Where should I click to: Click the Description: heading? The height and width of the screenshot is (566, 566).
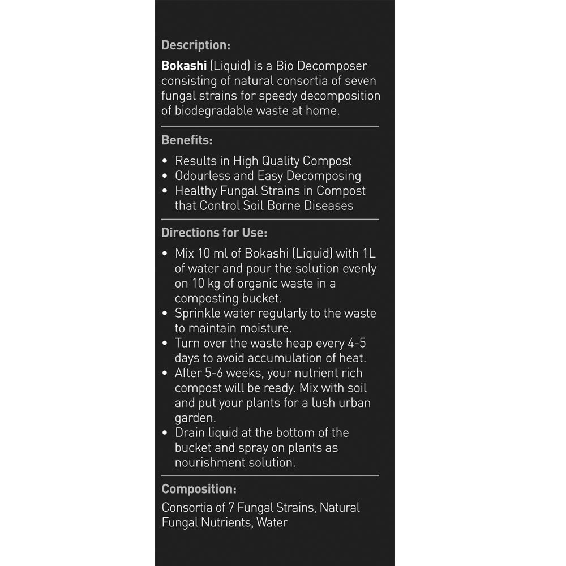click(x=196, y=45)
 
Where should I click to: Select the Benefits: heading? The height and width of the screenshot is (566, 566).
click(x=187, y=140)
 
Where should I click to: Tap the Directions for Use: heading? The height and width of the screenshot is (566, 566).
click(x=215, y=233)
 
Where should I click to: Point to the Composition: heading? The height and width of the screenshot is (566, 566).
click(x=199, y=490)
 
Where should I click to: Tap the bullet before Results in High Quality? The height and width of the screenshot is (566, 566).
click(x=165, y=161)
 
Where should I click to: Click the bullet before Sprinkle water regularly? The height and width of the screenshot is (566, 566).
click(x=165, y=314)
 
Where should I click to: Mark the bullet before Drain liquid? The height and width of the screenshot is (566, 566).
click(x=165, y=433)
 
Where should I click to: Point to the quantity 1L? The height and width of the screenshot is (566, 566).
click(x=367, y=254)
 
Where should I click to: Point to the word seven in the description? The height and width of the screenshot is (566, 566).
click(x=359, y=81)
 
